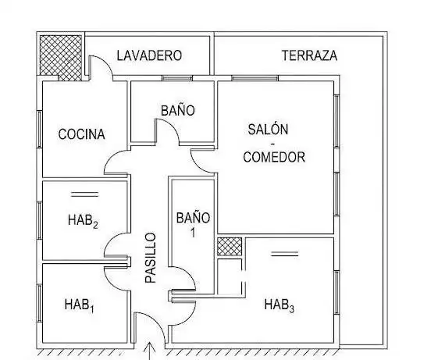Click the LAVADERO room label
click(x=149, y=55)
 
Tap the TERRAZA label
click(x=309, y=55)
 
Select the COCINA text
click(x=81, y=134)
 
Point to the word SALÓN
click(x=268, y=130)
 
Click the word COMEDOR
click(x=274, y=157)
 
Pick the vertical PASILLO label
click(x=150, y=258)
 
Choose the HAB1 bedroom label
click(x=80, y=305)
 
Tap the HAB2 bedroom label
click(x=83, y=220)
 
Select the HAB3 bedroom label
click(x=280, y=305)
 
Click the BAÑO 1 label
click(x=193, y=224)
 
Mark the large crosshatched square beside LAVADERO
click(x=61, y=56)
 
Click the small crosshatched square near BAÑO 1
click(x=230, y=247)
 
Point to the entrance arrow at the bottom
click(x=150, y=351)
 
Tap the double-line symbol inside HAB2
click(x=84, y=194)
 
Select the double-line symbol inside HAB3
click(x=285, y=254)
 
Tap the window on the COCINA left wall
click(x=40, y=129)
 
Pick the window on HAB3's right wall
click(x=337, y=292)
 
